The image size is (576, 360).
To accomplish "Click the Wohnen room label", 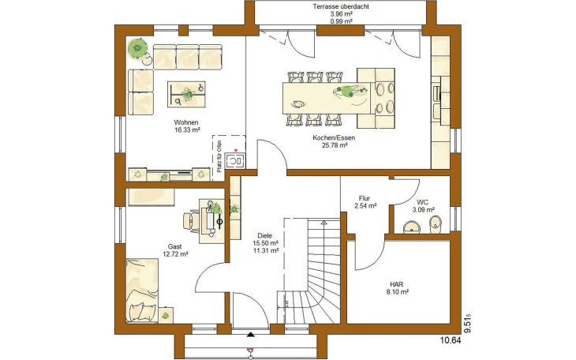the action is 186,122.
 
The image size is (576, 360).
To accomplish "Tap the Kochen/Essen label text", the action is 334,138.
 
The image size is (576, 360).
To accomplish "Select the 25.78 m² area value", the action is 335,145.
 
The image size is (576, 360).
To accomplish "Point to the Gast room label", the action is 175,246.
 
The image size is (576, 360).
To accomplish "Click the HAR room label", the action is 396,284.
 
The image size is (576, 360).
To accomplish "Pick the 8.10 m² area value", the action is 397,292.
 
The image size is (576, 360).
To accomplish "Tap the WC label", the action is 422,202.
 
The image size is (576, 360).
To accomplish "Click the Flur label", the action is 365,199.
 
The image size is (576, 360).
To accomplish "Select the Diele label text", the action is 265,236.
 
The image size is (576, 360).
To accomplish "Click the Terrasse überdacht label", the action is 341,6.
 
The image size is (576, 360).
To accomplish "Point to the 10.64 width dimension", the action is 451,340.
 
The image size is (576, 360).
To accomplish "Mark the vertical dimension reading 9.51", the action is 468,324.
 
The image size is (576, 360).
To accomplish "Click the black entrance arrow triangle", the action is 251,335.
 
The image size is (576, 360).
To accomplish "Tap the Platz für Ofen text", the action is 219,156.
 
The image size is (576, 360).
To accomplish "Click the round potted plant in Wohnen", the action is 138,48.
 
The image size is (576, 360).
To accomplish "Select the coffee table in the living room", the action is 186,95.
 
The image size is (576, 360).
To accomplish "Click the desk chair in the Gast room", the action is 191,220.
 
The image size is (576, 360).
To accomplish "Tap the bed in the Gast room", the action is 142,291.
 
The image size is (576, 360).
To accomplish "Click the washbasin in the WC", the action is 413,227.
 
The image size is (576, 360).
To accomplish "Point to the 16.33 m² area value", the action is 187,129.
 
